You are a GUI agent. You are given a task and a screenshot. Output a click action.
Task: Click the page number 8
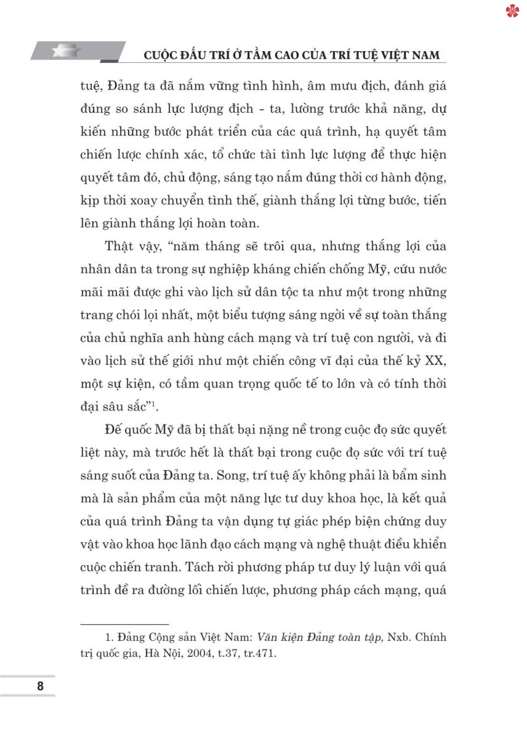[x=41, y=686]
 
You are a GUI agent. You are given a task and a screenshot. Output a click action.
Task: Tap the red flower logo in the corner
[x=513, y=11]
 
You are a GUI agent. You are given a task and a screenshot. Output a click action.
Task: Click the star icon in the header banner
[x=66, y=51]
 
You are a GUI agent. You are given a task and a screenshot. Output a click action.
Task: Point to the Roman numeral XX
[x=435, y=361]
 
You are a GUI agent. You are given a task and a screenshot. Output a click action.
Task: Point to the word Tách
[x=200, y=567]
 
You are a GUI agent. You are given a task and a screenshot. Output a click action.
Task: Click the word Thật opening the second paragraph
[x=119, y=246]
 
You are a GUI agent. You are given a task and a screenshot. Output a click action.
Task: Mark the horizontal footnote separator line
[x=124, y=624]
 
